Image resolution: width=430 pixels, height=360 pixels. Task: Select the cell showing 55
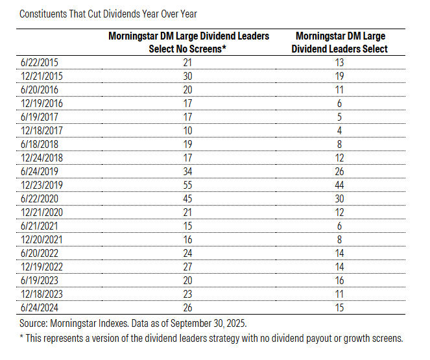188,186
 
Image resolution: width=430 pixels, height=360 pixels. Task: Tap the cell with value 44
340,186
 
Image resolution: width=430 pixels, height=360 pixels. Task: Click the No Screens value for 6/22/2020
188,198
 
